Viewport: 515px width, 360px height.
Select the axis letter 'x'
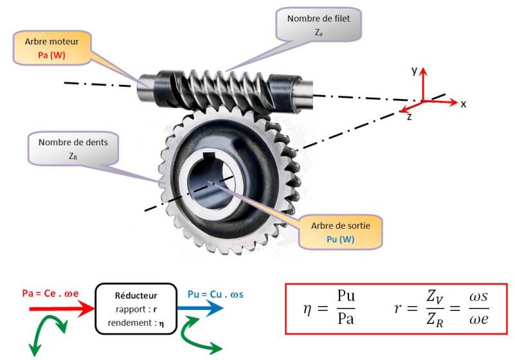click(462, 104)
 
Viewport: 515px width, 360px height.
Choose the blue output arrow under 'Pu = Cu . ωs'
click(203, 308)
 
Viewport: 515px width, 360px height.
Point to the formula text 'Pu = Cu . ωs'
click(212, 294)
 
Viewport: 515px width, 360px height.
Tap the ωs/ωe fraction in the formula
click(474, 309)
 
